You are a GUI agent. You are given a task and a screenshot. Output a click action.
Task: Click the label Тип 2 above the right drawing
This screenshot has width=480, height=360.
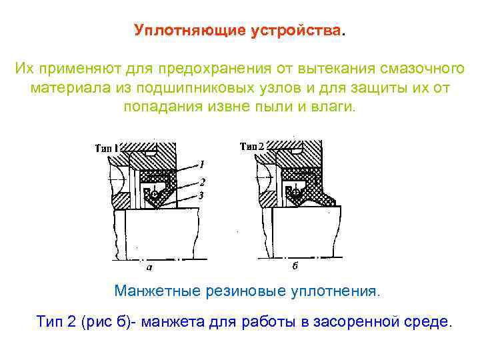(252, 146)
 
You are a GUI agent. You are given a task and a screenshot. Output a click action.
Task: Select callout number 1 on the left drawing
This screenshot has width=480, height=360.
(201, 163)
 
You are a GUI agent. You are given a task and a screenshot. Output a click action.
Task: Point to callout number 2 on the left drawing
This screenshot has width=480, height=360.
(201, 181)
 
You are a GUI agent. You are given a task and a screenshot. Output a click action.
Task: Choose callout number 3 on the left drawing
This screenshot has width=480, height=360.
(201, 194)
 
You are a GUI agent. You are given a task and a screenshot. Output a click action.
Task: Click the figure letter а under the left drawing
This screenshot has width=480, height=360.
(149, 267)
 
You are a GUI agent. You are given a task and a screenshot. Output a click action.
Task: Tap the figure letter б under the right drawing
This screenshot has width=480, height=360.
(295, 267)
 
